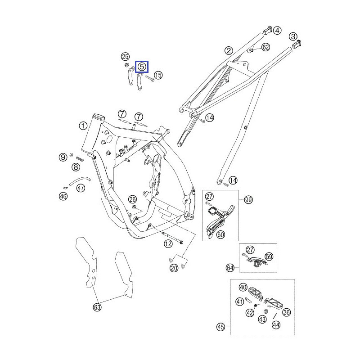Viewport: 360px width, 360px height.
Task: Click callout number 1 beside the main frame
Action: [x=83, y=126]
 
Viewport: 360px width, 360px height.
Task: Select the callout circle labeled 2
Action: [x=229, y=50]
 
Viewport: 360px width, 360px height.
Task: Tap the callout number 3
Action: [x=293, y=36]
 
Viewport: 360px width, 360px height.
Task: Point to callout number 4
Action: [x=278, y=31]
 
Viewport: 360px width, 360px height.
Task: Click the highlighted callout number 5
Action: [x=142, y=67]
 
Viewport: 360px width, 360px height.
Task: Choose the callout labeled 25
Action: [x=125, y=56]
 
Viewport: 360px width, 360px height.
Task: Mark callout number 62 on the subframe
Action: [x=265, y=47]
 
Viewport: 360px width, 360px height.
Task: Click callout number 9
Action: [x=63, y=157]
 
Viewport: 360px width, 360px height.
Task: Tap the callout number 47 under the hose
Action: [x=81, y=188]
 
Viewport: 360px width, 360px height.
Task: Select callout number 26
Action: [x=132, y=199]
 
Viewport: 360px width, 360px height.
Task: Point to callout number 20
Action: [x=174, y=268]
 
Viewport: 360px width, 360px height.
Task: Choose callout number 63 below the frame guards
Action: [x=97, y=307]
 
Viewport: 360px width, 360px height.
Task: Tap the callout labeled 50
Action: [x=220, y=234]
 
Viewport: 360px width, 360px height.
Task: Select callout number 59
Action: [x=269, y=256]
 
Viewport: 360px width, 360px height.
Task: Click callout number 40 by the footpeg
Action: [x=243, y=287]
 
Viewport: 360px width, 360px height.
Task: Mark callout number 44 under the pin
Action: [x=275, y=324]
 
